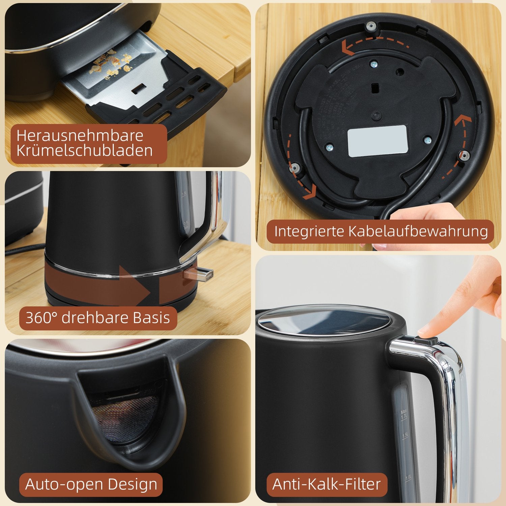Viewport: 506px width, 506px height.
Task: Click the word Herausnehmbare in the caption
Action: click(x=80, y=136)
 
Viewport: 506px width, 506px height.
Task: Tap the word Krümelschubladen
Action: click(x=84, y=150)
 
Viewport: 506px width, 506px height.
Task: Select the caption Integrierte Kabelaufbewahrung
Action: click(x=381, y=231)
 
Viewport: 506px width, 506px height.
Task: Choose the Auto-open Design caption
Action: click(x=91, y=484)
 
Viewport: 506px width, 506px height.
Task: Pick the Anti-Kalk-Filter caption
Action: click(x=327, y=484)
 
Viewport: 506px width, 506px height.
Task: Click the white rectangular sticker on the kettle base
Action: click(x=377, y=141)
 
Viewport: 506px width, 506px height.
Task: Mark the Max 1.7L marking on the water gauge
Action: click(x=403, y=414)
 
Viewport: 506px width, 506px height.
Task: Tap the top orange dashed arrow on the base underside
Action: click(x=374, y=46)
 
